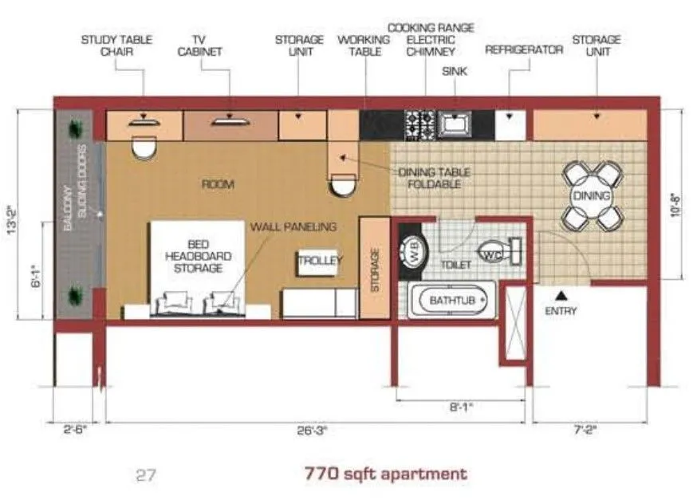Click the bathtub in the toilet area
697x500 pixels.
coord(451,301)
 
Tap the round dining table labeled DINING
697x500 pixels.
coord(590,196)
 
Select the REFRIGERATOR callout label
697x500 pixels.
coord(524,49)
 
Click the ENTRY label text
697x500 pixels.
coord(560,311)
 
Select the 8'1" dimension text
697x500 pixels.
coord(461,407)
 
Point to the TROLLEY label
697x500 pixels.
coord(320,261)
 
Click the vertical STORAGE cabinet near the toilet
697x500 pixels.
coord(373,267)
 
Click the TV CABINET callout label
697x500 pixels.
coord(206,45)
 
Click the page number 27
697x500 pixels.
coord(145,475)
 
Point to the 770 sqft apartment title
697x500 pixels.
coord(386,474)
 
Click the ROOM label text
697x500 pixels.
coord(217,184)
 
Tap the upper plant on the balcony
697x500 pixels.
coord(77,128)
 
